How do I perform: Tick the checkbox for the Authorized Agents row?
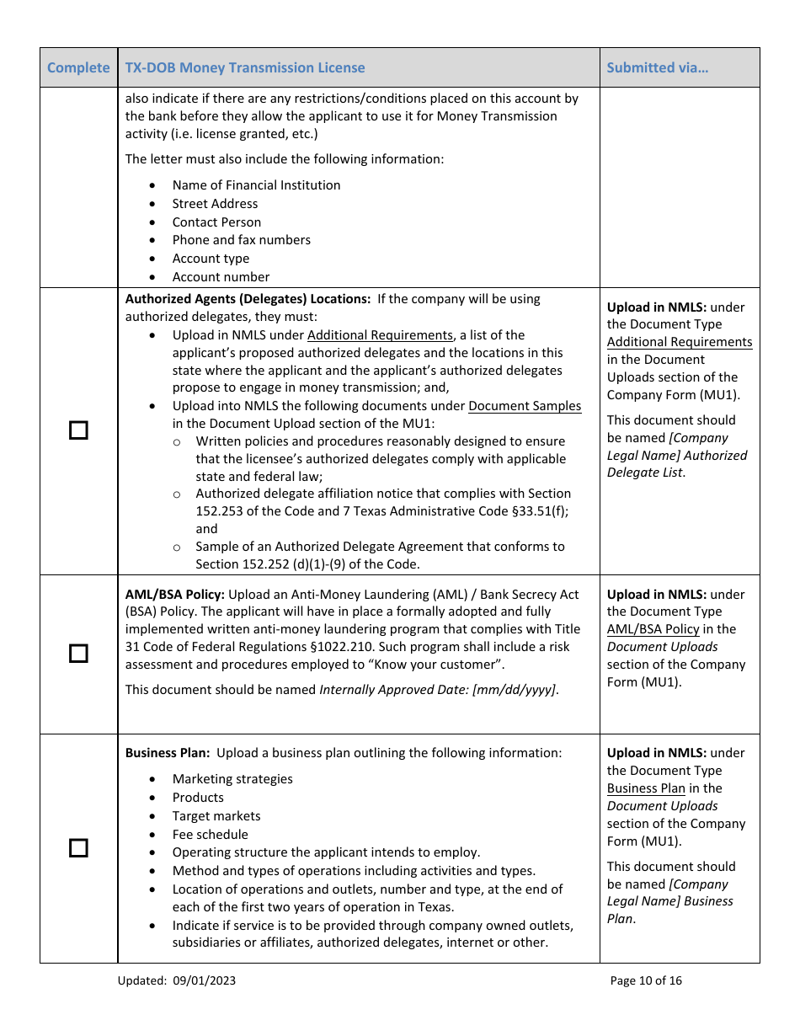(x=78, y=430)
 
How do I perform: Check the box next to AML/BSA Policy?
(x=78, y=654)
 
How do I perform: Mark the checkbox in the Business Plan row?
(x=78, y=848)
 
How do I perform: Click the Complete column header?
(x=78, y=67)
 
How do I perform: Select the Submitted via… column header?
(x=657, y=67)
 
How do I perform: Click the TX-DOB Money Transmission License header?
(x=245, y=67)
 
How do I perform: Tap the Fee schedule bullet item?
(x=210, y=834)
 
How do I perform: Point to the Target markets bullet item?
(x=216, y=815)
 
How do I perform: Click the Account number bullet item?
(x=221, y=276)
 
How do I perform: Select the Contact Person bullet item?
(x=216, y=222)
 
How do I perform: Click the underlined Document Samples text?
(x=525, y=406)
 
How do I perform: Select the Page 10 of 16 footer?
(x=646, y=980)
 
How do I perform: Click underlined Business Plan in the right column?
(x=646, y=788)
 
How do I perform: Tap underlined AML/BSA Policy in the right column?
(x=653, y=629)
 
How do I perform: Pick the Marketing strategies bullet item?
(x=232, y=779)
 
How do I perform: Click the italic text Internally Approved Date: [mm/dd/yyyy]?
(x=438, y=689)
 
